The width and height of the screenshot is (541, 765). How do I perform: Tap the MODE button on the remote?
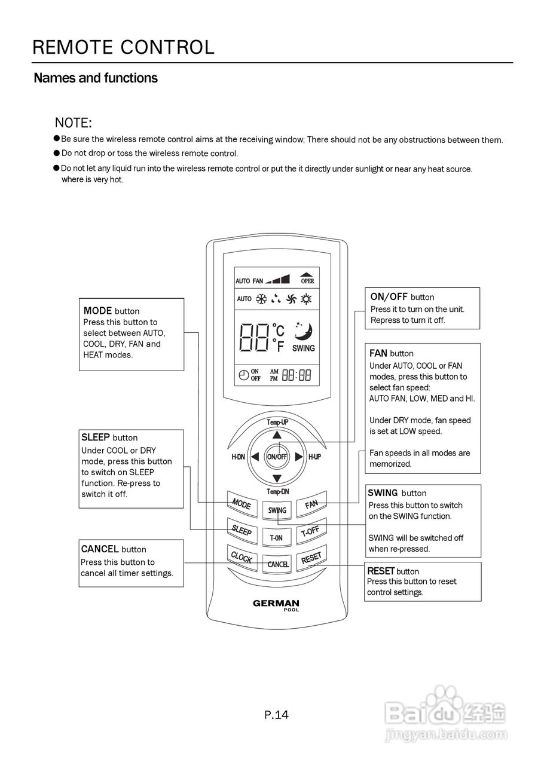coord(242,503)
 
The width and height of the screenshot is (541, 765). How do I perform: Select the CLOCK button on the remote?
coord(242,558)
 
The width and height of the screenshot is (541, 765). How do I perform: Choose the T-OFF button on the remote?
coord(311,531)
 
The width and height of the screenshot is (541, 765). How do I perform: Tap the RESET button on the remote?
coord(311,558)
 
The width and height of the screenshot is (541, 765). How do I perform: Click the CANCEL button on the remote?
coord(277,564)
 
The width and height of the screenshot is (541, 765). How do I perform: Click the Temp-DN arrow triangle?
coord(277,479)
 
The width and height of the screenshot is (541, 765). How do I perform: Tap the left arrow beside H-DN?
coord(255,457)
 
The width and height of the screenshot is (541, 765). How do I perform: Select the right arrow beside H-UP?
coord(299,457)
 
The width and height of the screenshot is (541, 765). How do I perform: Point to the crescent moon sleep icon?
coord(303,331)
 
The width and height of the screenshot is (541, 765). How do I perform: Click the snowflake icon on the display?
coord(262,299)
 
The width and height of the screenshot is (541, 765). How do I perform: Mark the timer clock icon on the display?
coord(244,375)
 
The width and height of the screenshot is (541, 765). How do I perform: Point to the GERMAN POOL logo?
coord(276,605)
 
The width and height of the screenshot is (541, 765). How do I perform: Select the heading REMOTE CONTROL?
coord(124,47)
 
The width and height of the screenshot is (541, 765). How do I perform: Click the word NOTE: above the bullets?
coord(74,123)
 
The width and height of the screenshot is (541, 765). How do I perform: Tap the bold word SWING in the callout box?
coord(383,493)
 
